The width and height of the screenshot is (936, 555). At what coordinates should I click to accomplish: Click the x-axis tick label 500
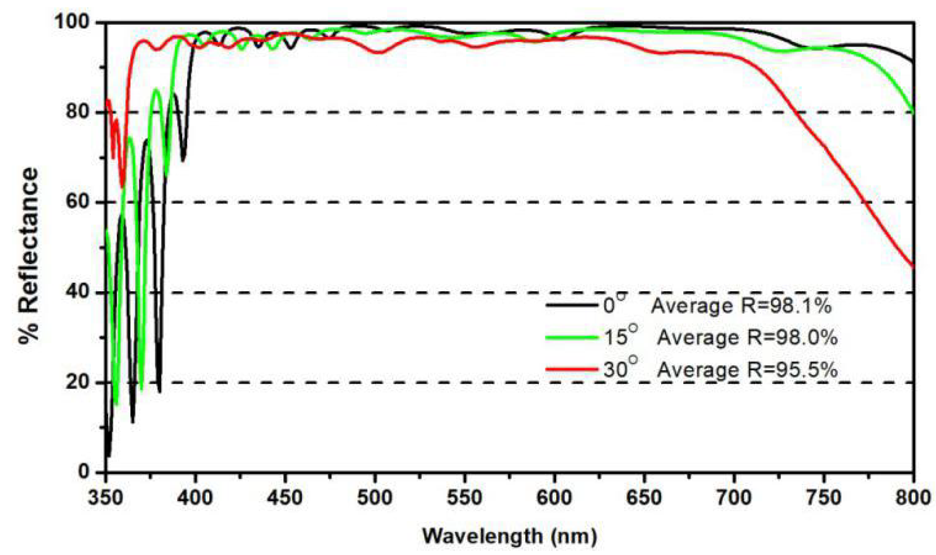pos(374,498)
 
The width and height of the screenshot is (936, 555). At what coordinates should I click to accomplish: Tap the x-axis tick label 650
pos(643,498)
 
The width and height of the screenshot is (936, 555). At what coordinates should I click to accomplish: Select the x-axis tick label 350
pos(106,498)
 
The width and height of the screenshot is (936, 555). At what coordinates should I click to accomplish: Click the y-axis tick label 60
pos(77,202)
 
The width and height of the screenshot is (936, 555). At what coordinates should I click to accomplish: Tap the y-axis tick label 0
pos(84,472)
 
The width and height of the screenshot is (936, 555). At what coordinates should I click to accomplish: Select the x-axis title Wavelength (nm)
pos(510,536)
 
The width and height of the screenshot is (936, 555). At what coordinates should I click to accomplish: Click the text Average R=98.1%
pos(741,306)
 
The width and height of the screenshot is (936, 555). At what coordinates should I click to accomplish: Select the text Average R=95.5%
pos(747,370)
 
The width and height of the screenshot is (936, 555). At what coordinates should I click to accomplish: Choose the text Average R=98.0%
pos(747,338)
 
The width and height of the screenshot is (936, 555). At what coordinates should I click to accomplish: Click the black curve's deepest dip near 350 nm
pos(108,455)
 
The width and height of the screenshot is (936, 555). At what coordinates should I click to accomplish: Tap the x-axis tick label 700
pos(733,498)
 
